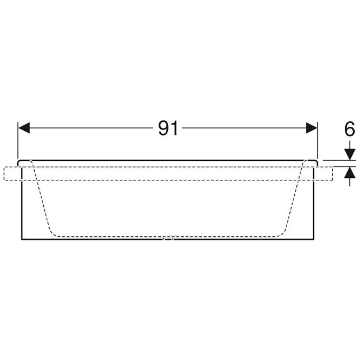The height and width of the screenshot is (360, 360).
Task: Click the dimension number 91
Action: point(168,128)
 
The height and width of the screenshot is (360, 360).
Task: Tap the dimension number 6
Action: point(350,129)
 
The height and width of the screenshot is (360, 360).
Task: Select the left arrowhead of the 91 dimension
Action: point(24,128)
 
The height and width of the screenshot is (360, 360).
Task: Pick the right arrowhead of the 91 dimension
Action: point(311,128)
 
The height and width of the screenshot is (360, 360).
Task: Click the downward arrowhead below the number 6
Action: point(350,155)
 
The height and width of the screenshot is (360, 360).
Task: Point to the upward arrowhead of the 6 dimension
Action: point(350,172)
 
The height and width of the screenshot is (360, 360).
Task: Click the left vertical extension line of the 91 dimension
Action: point(18,140)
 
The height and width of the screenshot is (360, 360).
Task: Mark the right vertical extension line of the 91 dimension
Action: point(317,140)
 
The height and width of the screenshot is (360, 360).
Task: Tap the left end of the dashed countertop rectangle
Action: point(4,173)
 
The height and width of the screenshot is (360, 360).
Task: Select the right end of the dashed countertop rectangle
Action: point(333,173)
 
